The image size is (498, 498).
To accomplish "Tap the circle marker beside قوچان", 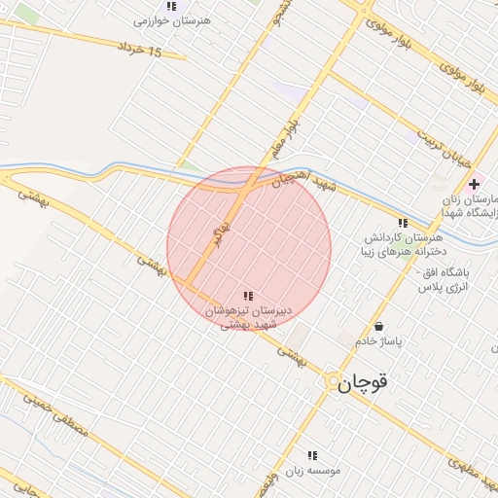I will coord(333,380).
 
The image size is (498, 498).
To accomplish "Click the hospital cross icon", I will coord(474,184).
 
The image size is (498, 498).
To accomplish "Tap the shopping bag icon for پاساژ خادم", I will coord(378,327).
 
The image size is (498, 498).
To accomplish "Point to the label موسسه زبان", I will coord(312,471).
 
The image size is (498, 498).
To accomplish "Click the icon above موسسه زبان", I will coord(312,454).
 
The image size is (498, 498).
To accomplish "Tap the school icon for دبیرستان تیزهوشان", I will coord(249,295).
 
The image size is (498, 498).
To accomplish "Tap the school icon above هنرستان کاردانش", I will coord(403,223).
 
